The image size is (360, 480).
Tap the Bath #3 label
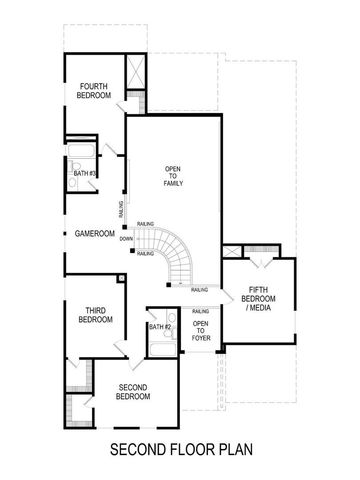coord(84,174)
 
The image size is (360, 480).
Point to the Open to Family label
coord(173,176)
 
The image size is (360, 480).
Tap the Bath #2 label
coord(161,327)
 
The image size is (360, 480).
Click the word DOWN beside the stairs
coord(125,239)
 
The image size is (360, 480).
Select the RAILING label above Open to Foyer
coord(199,313)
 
